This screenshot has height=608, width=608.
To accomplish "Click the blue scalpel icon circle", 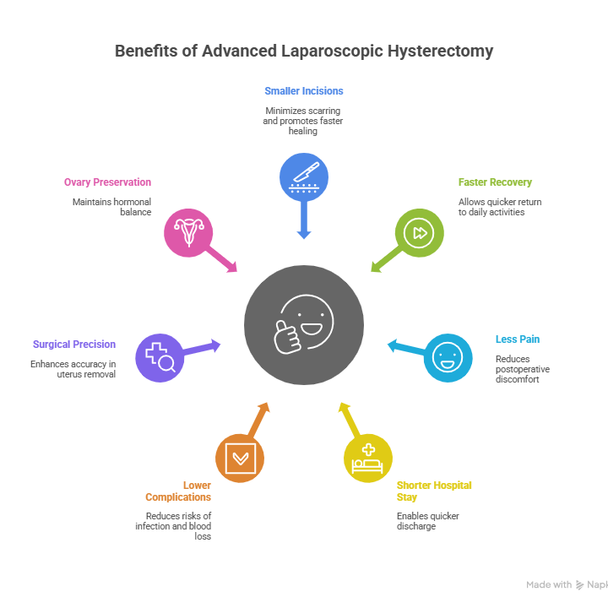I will pyautogui.click(x=304, y=177).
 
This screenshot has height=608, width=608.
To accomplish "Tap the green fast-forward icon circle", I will pyautogui.click(x=420, y=232).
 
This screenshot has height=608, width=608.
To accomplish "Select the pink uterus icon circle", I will pyautogui.click(x=188, y=231).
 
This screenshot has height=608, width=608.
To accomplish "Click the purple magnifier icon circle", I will pyautogui.click(x=160, y=357).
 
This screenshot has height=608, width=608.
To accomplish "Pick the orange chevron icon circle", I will pyautogui.click(x=240, y=458).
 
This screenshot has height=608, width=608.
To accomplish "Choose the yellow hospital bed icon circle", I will pyautogui.click(x=368, y=458).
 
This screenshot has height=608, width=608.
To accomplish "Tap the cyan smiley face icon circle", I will pyautogui.click(x=448, y=357).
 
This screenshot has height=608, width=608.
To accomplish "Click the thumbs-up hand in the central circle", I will pyautogui.click(x=288, y=335).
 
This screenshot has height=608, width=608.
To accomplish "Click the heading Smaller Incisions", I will pyautogui.click(x=304, y=90).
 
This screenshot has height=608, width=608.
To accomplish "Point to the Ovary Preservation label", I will pyautogui.click(x=107, y=182).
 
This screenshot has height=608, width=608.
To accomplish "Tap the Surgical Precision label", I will pyautogui.click(x=74, y=344).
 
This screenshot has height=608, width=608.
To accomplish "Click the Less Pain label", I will pyautogui.click(x=517, y=339).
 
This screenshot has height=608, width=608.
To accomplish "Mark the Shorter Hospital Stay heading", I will pyautogui.click(x=434, y=491).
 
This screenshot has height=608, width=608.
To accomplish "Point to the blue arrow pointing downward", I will pyautogui.click(x=304, y=224).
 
